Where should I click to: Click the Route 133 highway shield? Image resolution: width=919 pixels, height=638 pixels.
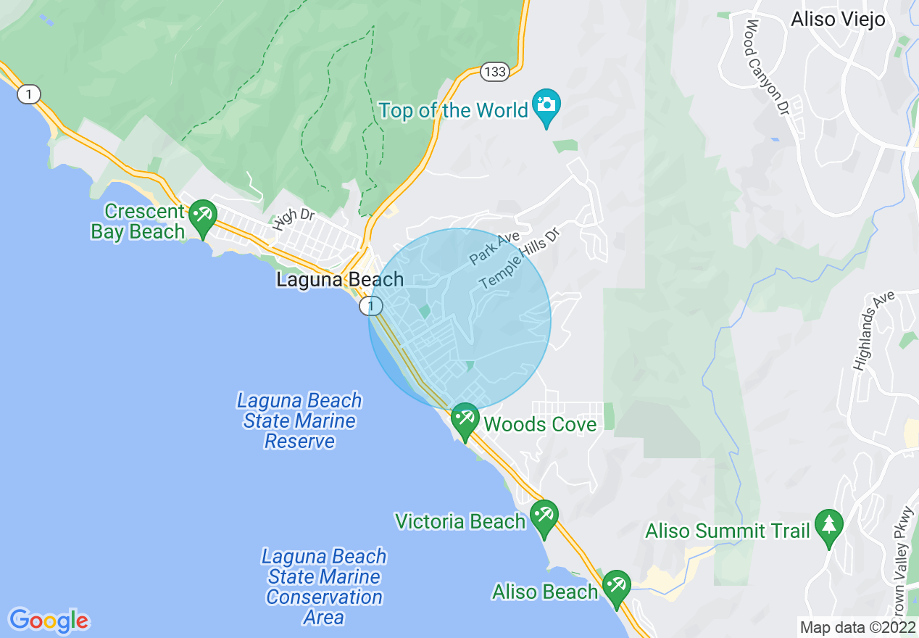point(494,71)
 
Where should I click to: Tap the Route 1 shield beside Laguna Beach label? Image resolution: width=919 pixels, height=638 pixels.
point(370,307)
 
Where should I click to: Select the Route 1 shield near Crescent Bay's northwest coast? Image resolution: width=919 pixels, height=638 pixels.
point(28,94)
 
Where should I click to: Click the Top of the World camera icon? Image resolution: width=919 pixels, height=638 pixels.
point(546,105)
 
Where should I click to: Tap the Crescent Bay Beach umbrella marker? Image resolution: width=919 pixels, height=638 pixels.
point(202,216)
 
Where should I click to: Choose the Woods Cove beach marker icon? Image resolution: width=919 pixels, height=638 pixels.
point(465,419)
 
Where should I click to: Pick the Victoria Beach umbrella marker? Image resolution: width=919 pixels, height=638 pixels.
point(544,515)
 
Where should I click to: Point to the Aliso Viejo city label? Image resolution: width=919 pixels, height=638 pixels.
point(838,20)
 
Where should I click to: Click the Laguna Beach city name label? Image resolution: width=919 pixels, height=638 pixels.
point(340,280)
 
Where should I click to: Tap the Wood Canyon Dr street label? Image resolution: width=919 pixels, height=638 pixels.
point(767,68)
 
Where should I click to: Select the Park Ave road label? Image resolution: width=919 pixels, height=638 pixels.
point(494,248)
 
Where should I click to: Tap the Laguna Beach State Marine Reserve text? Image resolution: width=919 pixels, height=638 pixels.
point(299,420)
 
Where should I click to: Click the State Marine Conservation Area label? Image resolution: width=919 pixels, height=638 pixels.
point(324,587)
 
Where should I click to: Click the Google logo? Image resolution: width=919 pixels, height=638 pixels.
point(49,621)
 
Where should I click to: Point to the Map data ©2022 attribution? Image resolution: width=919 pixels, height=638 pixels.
point(857,627)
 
